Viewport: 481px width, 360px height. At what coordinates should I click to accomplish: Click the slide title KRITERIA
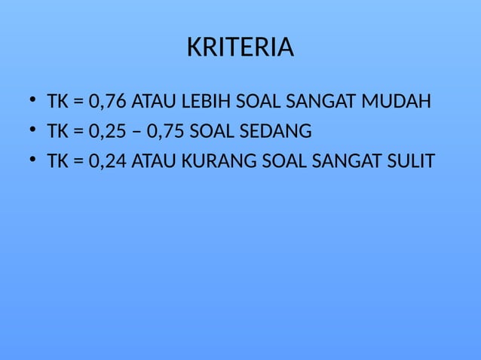coord(240,48)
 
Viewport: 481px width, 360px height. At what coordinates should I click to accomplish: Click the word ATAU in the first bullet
coord(153,101)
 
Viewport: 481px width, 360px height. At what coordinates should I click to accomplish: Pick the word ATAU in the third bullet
coord(153,162)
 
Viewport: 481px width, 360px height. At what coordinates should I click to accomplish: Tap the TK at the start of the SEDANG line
coord(57,132)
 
